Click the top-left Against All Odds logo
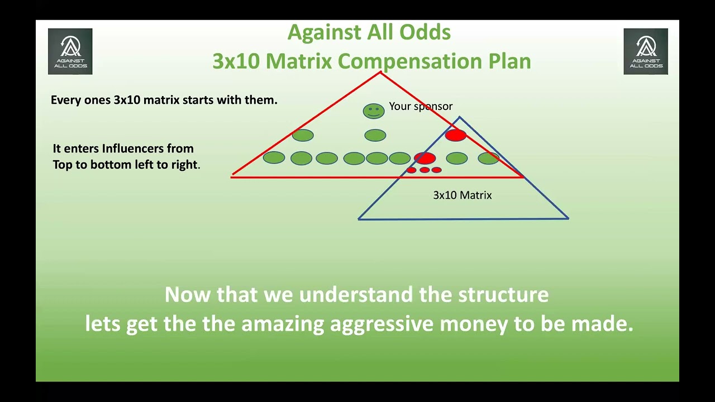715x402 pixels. tap(70, 51)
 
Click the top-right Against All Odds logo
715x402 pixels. tap(646, 51)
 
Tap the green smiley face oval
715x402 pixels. tap(374, 111)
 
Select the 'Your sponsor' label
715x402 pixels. tap(421, 106)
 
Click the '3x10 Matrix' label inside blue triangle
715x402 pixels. tap(462, 195)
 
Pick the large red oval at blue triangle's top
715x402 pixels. tap(456, 135)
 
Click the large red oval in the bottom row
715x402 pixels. tap(425, 158)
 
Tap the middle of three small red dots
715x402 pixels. tap(425, 170)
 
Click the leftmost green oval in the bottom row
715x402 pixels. tap(274, 157)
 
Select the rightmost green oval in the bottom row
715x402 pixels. tap(488, 158)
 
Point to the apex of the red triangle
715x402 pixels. tap(380, 73)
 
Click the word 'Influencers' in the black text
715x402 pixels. tap(148, 149)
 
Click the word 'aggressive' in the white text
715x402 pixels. tap(382, 324)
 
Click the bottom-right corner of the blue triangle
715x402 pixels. tap(568, 218)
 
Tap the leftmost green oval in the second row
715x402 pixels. tap(303, 135)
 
